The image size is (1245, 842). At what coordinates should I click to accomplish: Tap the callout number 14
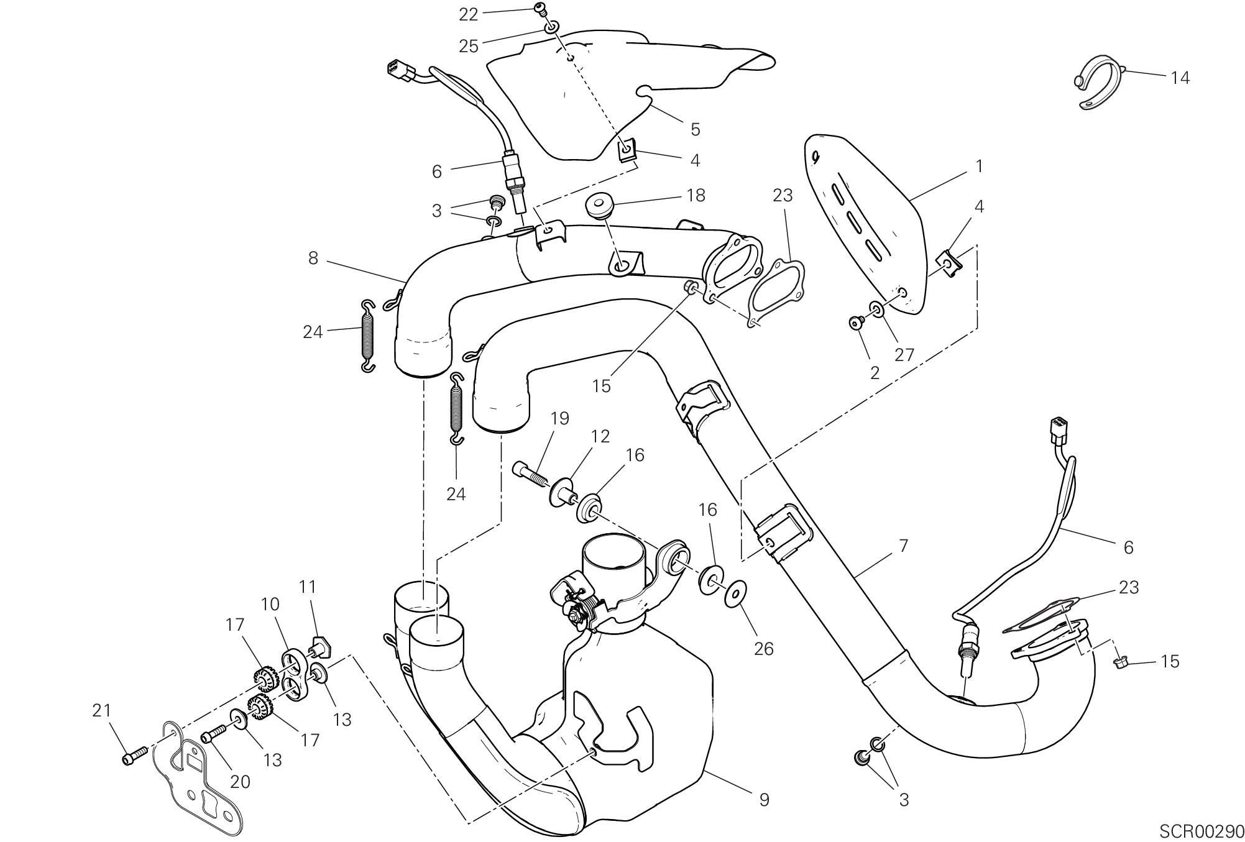(x=1180, y=78)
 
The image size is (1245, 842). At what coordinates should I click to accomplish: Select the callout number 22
(x=469, y=15)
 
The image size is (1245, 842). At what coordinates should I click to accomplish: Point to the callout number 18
(x=696, y=195)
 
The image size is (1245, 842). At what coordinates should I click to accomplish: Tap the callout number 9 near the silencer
(x=764, y=800)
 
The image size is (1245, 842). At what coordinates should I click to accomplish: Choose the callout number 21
(x=102, y=710)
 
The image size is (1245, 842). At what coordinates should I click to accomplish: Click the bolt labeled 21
(x=132, y=757)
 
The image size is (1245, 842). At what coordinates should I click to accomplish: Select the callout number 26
(x=763, y=649)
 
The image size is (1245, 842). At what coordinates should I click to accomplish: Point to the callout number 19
(x=559, y=419)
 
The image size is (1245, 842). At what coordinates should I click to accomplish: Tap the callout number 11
(x=307, y=587)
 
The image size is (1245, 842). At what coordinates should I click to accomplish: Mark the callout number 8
(x=313, y=258)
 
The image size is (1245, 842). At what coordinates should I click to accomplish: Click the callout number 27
(x=904, y=354)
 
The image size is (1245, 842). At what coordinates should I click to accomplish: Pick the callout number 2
(x=875, y=373)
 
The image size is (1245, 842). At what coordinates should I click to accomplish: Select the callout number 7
(x=903, y=546)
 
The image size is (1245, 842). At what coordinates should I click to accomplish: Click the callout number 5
(x=695, y=129)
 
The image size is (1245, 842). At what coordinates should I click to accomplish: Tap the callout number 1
(x=978, y=166)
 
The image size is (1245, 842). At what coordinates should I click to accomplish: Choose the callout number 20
(x=240, y=782)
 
